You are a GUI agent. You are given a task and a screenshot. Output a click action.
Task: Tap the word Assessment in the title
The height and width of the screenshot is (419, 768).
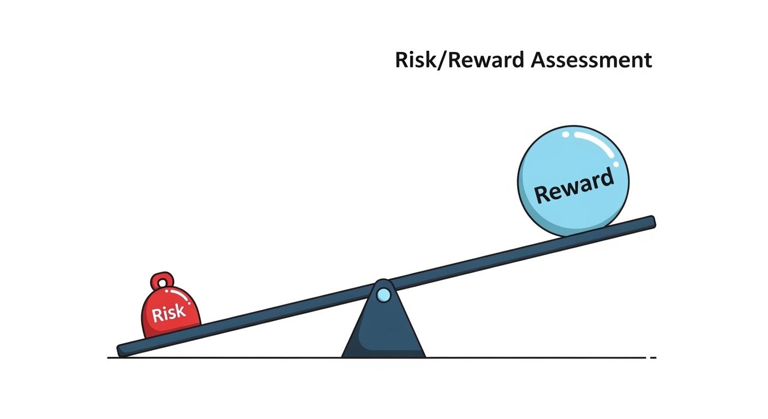click(x=591, y=60)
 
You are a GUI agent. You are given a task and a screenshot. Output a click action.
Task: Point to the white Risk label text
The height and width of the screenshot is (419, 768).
click(x=169, y=313)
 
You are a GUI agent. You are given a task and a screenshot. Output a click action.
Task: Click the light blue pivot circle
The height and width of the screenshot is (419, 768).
click(x=383, y=295)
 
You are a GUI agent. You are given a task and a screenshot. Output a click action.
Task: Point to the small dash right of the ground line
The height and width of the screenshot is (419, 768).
click(x=653, y=358)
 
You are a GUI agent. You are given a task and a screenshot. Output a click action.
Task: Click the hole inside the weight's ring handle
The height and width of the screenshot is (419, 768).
click(x=162, y=282)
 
